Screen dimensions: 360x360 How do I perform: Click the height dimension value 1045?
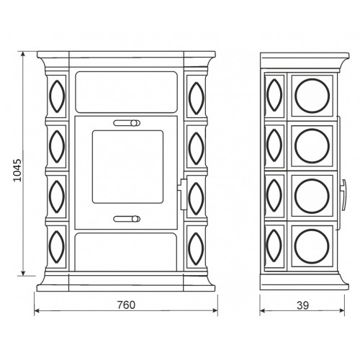[17, 170]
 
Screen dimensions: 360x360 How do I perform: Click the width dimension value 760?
[126, 305]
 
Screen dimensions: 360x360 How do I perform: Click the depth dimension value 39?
[302, 305]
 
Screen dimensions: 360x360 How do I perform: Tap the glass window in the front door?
[127, 167]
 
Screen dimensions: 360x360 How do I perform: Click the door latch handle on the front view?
[183, 194]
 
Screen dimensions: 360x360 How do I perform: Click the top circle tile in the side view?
[312, 96]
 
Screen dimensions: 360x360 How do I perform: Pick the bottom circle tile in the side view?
[312, 246]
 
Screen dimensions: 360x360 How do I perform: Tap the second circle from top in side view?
[312, 145]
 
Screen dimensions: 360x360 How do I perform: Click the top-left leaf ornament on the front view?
[57, 96]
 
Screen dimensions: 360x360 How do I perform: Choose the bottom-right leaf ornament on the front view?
[197, 248]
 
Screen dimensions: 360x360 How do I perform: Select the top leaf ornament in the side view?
[274, 95]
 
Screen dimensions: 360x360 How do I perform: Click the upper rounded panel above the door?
[127, 92]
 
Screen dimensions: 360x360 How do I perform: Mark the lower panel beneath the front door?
[126, 252]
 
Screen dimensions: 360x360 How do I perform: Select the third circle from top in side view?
[312, 196]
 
